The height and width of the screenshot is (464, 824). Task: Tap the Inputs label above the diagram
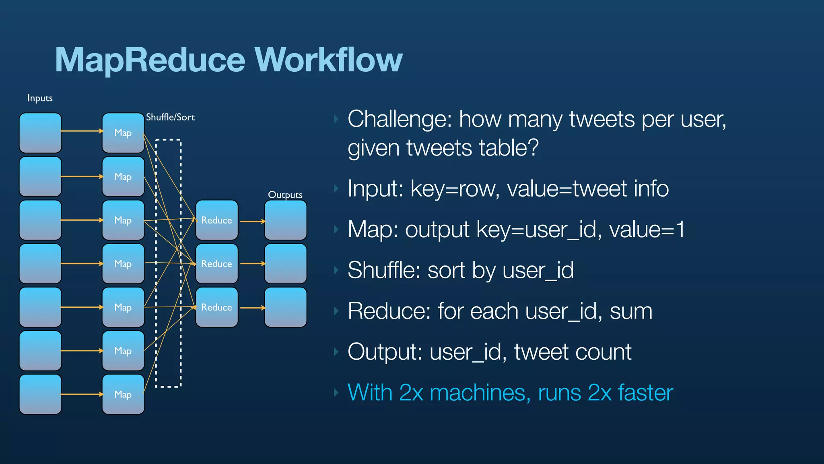pos(40,98)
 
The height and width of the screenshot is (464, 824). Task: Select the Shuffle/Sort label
pos(170,117)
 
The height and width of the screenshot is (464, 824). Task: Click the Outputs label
pos(285,195)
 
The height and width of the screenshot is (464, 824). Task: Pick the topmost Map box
pos(123,133)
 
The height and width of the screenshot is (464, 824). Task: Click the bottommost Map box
pos(123,394)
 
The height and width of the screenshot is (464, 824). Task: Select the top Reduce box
pos(216,220)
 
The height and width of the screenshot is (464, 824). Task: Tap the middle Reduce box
pos(216,264)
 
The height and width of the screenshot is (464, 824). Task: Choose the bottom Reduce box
pos(216,307)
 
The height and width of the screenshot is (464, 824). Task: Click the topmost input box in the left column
pos(40,133)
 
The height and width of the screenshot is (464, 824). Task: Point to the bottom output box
pos(285,307)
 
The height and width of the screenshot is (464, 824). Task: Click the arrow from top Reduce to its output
pos(252,221)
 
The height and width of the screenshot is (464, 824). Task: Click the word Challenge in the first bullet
pos(400,120)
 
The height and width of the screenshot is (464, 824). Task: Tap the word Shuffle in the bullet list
pos(383,270)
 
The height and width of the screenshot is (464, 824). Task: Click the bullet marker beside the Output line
pos(336,352)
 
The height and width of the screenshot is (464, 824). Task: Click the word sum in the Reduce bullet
pos(630,311)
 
